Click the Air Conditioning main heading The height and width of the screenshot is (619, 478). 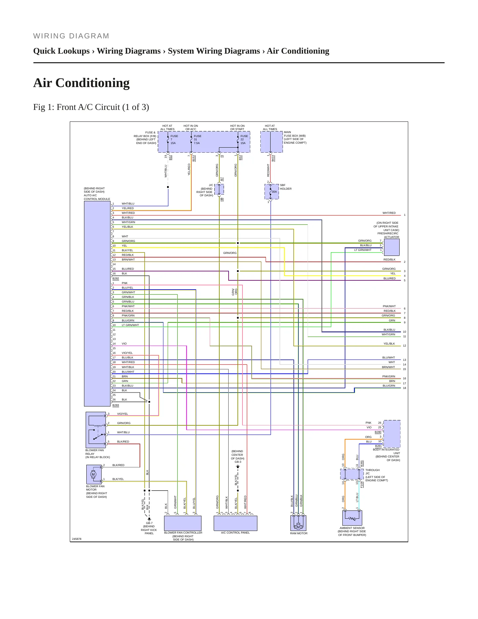81,83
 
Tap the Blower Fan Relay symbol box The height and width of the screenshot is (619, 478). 96,430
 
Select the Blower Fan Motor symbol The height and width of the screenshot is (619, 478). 94,474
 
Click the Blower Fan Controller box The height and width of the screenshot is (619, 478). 183,523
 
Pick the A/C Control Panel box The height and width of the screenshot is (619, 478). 235,523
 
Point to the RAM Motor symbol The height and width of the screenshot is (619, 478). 298,523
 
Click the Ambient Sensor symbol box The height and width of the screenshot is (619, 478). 352,518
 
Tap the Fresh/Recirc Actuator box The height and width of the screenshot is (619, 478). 391,247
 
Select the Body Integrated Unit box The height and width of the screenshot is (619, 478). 392,434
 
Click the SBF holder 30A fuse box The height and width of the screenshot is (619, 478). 272,192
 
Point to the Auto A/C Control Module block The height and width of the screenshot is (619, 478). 97,304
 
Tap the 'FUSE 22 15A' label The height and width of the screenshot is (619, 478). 244,140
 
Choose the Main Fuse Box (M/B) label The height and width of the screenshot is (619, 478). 295,137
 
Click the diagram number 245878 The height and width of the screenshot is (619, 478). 77,539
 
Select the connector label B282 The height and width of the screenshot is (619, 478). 116,278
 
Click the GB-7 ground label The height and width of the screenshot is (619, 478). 149,523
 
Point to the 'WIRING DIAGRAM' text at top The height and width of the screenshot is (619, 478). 71,36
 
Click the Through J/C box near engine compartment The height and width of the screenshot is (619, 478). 352,474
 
